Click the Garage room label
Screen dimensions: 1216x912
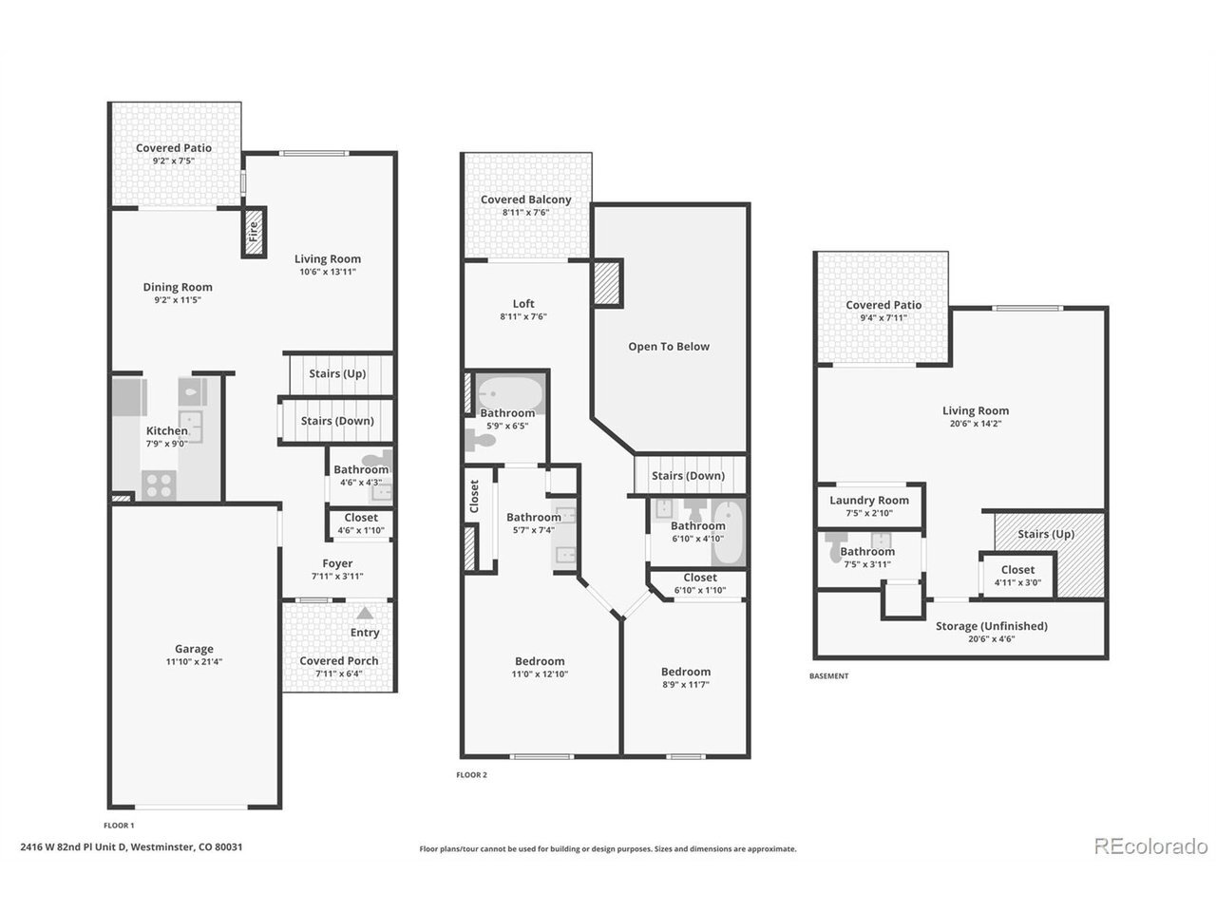(194, 649)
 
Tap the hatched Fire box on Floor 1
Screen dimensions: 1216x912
(254, 232)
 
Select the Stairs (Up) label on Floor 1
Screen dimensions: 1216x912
(337, 373)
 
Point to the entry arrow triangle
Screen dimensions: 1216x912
(365, 613)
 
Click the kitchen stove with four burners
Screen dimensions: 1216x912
(159, 485)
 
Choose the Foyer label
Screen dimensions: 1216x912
(337, 563)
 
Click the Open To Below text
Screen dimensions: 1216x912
(669, 347)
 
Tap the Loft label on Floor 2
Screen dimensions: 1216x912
(523, 303)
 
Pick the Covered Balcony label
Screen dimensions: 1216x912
(525, 199)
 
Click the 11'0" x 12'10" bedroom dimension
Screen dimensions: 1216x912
(540, 674)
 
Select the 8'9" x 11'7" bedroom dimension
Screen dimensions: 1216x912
(686, 684)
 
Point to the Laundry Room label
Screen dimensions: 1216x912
(869, 500)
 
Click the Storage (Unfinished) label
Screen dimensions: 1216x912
(992, 626)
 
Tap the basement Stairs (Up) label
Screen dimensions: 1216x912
(1046, 534)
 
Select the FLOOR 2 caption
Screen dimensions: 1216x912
(471, 774)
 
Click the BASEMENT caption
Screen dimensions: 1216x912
(828, 675)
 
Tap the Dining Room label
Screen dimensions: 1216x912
(178, 287)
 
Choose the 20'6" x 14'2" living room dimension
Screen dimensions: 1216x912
(976, 424)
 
